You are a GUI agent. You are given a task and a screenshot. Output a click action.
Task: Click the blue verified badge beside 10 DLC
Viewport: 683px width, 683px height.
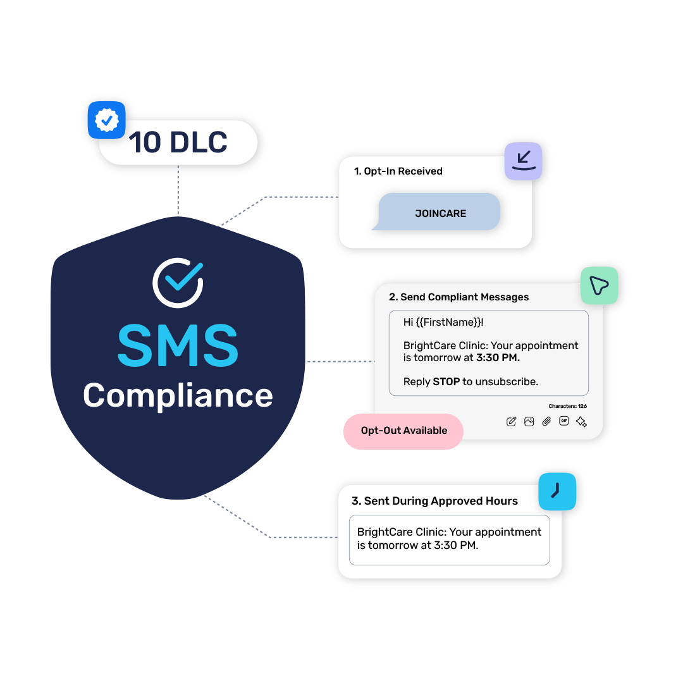[107, 119]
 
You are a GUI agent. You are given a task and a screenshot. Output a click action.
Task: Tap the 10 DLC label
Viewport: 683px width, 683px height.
[178, 143]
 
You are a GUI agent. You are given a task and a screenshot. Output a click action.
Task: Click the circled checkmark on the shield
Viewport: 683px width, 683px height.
[178, 282]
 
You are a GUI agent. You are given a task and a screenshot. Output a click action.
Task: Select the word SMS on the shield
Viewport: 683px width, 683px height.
[178, 345]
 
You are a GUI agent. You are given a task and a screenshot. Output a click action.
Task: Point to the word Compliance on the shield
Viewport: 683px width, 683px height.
[178, 395]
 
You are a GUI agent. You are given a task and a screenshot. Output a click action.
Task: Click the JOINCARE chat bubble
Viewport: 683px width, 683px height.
[440, 213]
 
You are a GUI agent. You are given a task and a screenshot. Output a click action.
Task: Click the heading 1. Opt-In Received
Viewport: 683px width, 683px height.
[398, 171]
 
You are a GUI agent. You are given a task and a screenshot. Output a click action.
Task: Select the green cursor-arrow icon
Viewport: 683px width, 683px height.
[599, 286]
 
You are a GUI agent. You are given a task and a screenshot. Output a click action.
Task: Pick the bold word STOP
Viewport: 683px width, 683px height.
[446, 381]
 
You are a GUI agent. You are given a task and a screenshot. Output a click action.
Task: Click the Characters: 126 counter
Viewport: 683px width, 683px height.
[567, 406]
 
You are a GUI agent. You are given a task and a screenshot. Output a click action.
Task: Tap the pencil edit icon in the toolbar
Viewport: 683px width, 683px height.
[512, 422]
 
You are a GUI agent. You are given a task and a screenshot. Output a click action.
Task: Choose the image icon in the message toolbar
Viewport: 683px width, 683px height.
[529, 422]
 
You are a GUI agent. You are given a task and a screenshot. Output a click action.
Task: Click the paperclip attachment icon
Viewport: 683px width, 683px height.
[546, 422]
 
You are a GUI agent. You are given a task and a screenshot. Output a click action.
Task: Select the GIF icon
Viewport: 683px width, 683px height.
[564, 422]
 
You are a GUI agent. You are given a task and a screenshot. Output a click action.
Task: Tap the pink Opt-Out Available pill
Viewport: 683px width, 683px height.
[403, 431]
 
